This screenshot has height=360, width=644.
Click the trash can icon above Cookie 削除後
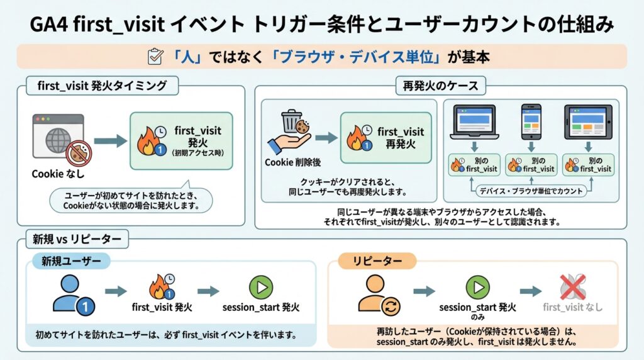tap(291, 123)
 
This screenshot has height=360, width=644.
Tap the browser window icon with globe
tap(58, 135)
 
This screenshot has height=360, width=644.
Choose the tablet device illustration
tap(589, 122)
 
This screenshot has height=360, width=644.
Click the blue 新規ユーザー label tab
tap(70, 261)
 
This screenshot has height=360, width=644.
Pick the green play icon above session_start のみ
tap(477, 288)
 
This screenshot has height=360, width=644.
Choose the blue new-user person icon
tap(70, 292)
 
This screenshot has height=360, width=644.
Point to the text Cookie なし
tap(58, 174)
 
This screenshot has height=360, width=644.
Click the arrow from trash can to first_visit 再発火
tap(326, 138)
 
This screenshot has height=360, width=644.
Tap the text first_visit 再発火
tap(401, 138)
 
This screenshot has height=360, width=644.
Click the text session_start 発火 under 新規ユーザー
tap(261, 308)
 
